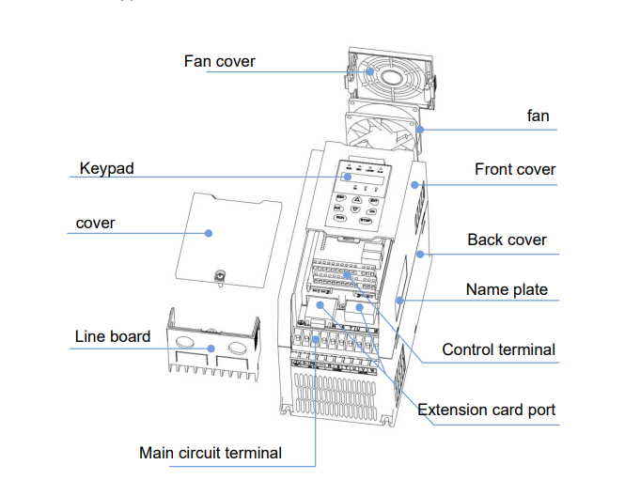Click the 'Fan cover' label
(x=219, y=61)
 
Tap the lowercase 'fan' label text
(x=538, y=116)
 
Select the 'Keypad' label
(x=106, y=168)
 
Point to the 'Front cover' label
(x=514, y=169)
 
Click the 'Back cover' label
(x=507, y=240)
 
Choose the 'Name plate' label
(x=507, y=289)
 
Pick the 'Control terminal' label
(x=498, y=349)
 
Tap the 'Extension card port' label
(x=486, y=410)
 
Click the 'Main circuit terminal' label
(x=210, y=453)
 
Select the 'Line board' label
(x=112, y=336)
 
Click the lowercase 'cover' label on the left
(x=95, y=223)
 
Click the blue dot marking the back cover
(x=419, y=254)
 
